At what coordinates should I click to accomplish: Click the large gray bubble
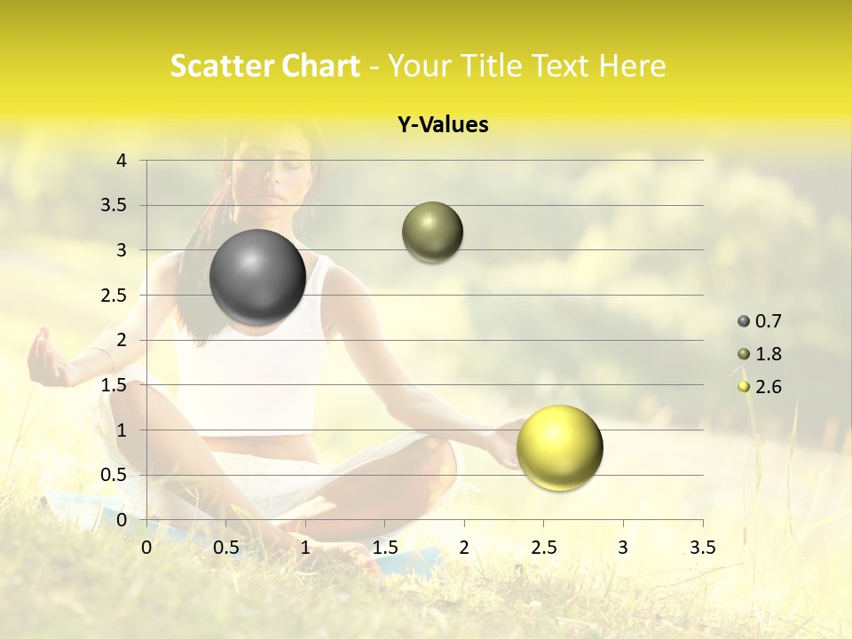(x=257, y=277)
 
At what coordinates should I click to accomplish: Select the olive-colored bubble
(x=432, y=232)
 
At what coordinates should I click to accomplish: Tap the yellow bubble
(x=559, y=446)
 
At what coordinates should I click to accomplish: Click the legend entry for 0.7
(x=760, y=321)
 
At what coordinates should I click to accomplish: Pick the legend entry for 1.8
(x=760, y=354)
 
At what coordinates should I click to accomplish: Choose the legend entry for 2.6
(x=760, y=386)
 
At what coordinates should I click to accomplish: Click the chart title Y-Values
(x=443, y=125)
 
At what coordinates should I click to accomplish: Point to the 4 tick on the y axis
(x=122, y=161)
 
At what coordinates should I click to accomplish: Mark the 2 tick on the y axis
(x=122, y=340)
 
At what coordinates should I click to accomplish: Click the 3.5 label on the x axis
(x=702, y=547)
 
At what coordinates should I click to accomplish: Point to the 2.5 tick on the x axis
(x=543, y=547)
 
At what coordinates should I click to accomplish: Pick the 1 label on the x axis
(x=305, y=547)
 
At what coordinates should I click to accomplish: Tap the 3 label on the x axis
(x=622, y=547)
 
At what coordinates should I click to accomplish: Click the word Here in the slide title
(x=632, y=66)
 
